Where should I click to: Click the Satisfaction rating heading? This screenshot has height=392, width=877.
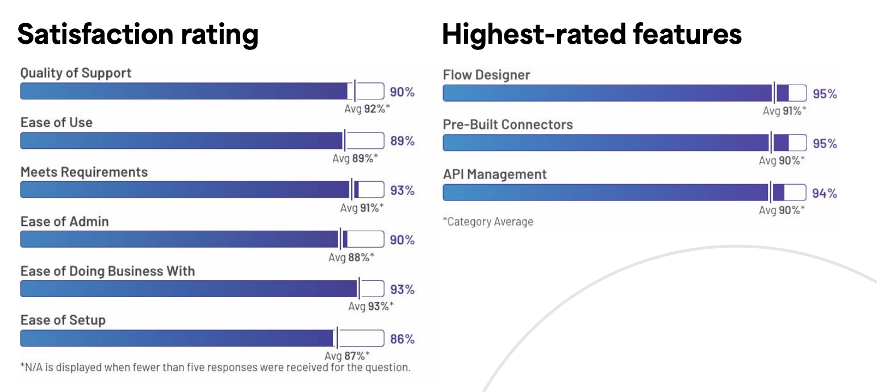tap(138, 35)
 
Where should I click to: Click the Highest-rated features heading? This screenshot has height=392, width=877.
tap(591, 35)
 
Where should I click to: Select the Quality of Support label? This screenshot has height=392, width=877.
tap(76, 73)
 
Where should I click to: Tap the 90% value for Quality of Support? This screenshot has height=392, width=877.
tap(402, 91)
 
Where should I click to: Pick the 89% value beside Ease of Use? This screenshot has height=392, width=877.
tap(402, 141)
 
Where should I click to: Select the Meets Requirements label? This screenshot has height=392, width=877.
tap(84, 172)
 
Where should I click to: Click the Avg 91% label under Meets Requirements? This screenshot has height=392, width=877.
tap(362, 208)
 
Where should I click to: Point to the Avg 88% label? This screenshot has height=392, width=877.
tap(352, 257)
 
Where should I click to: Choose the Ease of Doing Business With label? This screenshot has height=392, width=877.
tap(107, 271)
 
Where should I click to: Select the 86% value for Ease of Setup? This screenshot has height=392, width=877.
tap(402, 339)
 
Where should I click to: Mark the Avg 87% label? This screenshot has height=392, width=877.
tap(347, 356)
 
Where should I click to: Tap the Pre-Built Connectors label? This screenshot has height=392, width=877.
tap(508, 124)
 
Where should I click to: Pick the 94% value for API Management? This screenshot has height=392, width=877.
tap(824, 193)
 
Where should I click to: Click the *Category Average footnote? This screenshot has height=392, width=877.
tap(488, 222)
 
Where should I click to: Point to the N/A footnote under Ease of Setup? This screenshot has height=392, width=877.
tap(215, 367)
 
